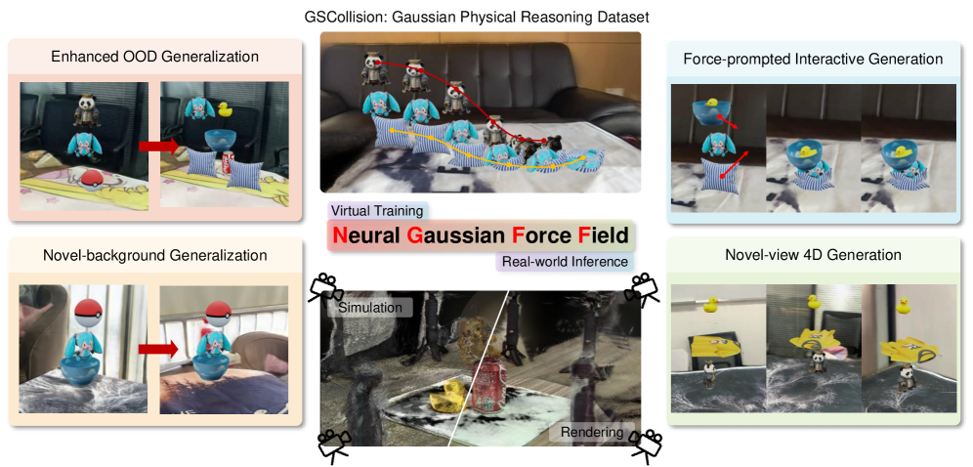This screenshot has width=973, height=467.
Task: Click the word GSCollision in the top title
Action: (340, 18)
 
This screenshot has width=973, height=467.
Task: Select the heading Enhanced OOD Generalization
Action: (154, 57)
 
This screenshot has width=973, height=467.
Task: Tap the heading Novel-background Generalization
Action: (155, 255)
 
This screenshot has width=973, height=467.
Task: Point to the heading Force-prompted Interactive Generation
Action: (813, 59)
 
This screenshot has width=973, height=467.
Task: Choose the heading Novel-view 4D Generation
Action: (813, 254)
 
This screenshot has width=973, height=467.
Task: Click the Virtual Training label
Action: (377, 211)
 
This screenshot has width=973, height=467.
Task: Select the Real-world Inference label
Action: (566, 262)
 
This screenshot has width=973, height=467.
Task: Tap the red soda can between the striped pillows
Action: (228, 163)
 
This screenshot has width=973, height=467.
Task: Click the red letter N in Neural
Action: (339, 235)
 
